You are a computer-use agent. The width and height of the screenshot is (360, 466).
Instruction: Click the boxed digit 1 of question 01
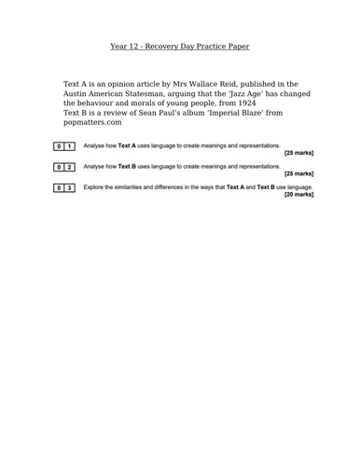point(69,146)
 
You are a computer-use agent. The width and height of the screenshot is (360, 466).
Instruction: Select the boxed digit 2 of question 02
point(69,167)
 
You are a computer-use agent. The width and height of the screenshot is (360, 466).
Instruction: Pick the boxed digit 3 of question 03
point(69,187)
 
